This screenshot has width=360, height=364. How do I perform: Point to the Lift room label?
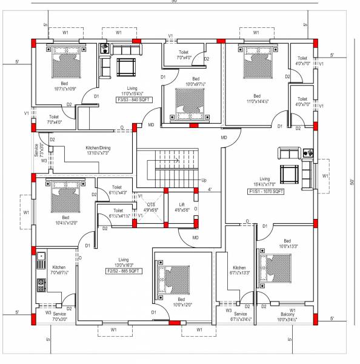(x=182, y=207)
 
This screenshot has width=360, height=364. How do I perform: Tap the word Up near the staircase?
(x=204, y=181)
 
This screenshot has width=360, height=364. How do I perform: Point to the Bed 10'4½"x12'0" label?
(x=65, y=220)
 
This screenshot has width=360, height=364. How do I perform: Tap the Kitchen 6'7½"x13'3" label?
(x=239, y=270)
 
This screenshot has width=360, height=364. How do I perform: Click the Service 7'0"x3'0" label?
(x=59, y=316)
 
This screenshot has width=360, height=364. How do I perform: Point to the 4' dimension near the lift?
(x=209, y=190)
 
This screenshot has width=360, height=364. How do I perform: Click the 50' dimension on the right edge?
(x=351, y=182)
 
